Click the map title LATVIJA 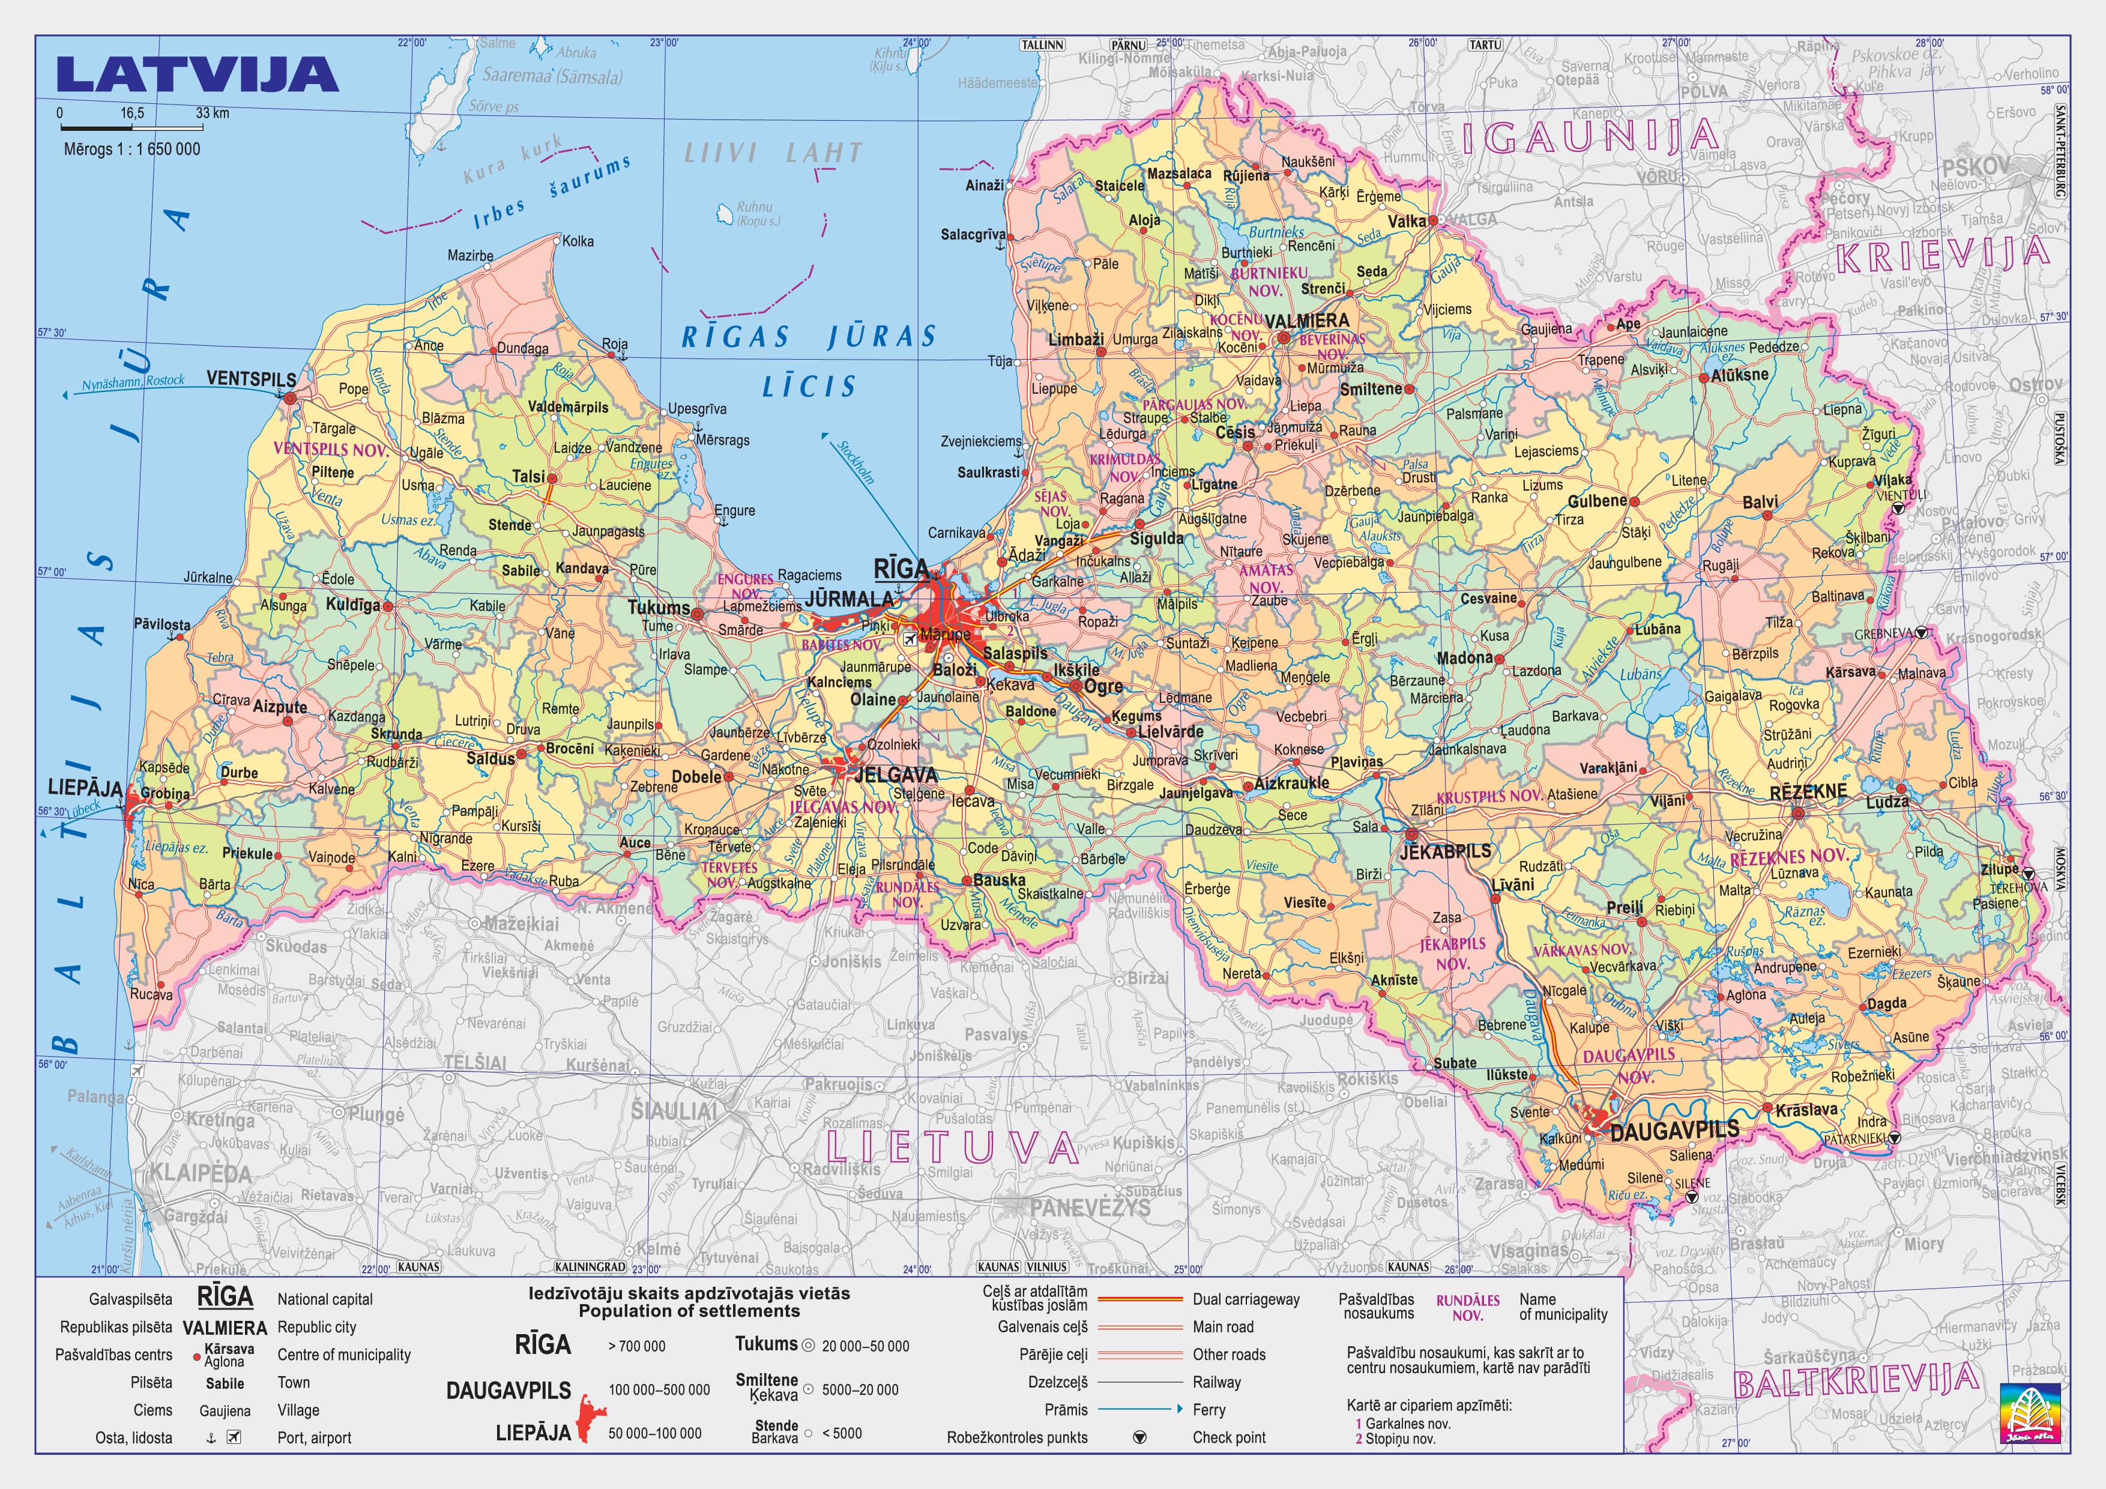tap(196, 75)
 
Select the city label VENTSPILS tap(250, 379)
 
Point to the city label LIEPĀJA tap(85, 788)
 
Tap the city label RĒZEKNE tap(1808, 791)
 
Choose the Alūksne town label tap(1739, 374)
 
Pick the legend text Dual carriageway tap(1246, 1299)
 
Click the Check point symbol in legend tap(1139, 1437)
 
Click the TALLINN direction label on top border tap(1042, 44)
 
